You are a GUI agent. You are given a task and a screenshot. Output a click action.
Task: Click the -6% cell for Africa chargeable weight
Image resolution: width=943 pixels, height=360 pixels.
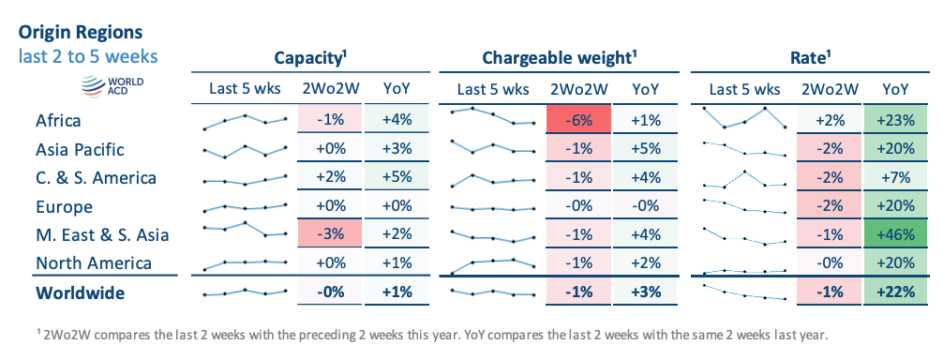[578, 120]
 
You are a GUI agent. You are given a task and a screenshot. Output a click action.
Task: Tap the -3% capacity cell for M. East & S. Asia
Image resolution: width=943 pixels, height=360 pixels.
[330, 233]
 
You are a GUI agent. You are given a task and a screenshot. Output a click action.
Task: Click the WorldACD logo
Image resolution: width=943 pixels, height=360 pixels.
[112, 86]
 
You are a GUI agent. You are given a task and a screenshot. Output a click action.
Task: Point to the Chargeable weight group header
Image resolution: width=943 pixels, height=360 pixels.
[560, 58]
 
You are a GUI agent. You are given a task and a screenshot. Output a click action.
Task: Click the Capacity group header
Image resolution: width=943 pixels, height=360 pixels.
[310, 58]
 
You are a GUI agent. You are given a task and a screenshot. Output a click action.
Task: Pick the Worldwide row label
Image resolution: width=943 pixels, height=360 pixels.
[80, 292]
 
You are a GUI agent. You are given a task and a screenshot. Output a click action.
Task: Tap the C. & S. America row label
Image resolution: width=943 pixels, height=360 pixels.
[96, 178]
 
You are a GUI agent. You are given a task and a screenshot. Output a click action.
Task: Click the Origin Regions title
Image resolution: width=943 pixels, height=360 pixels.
[81, 32]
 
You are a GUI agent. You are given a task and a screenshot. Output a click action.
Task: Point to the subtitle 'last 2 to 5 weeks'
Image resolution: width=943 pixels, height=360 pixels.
[88, 56]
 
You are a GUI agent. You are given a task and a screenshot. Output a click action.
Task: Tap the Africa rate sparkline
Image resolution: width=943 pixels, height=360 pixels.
[744, 117]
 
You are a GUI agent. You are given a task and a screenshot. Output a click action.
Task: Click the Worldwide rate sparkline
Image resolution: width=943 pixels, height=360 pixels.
[744, 292]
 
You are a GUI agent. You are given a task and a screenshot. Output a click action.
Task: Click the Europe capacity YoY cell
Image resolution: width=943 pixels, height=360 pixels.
[397, 205]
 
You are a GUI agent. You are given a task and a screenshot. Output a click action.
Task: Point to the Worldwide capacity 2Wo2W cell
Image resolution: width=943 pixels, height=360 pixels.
[330, 292]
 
